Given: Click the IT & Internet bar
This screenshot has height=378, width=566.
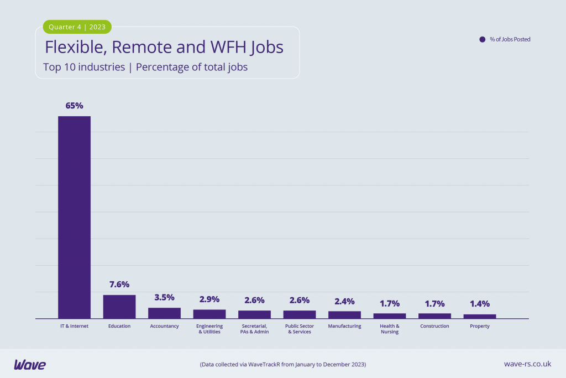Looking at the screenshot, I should pyautogui.click(x=74, y=217).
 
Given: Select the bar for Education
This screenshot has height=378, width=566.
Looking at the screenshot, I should pyautogui.click(x=119, y=307).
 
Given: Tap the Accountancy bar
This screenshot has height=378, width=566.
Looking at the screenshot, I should pyautogui.click(x=164, y=313).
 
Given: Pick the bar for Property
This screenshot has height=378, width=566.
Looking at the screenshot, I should pyautogui.click(x=479, y=316).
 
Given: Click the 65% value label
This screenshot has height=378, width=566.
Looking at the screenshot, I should pyautogui.click(x=74, y=105).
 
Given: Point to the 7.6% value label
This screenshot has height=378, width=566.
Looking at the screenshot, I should pyautogui.click(x=119, y=284).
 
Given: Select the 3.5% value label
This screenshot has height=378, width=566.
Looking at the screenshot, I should pyautogui.click(x=164, y=297).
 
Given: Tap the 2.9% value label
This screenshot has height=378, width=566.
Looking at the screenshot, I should pyautogui.click(x=209, y=299).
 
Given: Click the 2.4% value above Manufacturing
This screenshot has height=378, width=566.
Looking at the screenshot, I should pyautogui.click(x=344, y=301).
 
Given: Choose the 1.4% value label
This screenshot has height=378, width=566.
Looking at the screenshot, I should pyautogui.click(x=479, y=303).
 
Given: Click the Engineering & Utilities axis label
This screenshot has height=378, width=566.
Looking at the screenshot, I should pyautogui.click(x=209, y=329).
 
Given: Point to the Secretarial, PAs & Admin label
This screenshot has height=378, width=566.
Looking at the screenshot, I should pyautogui.click(x=254, y=329).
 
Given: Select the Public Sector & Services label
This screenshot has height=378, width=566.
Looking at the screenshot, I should pyautogui.click(x=300, y=329).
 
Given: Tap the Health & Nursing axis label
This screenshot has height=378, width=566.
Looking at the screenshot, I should pyautogui.click(x=390, y=329).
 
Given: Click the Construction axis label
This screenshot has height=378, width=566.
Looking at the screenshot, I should pyautogui.click(x=434, y=326).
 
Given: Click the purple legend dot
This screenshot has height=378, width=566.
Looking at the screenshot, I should pyautogui.click(x=482, y=39).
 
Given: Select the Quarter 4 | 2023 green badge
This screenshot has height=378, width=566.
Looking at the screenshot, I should pyautogui.click(x=77, y=27).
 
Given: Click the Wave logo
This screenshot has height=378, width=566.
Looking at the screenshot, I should pyautogui.click(x=30, y=364).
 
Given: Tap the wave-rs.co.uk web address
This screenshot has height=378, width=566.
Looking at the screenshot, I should pyautogui.click(x=527, y=364).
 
